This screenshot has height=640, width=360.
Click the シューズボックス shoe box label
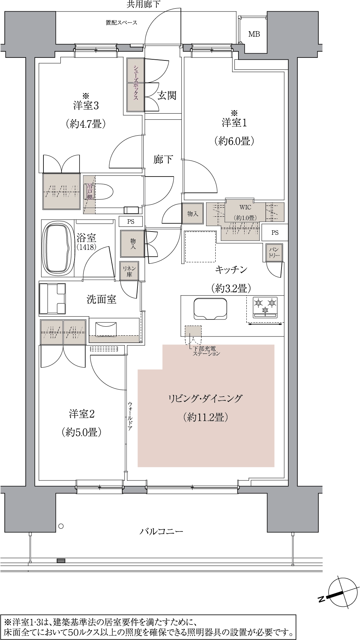coord(136,85)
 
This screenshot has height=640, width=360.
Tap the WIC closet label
coord(245,208)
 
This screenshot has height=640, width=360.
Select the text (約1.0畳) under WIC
coord(245,218)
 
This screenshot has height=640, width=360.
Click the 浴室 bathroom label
coord(86,238)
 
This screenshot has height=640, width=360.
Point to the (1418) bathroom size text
coord(86,247)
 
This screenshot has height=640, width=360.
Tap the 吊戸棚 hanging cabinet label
coord(89,192)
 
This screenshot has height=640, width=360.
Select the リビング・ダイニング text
coord(205,399)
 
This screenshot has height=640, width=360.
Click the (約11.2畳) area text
coord(205,418)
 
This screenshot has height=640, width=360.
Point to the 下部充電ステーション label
coord(206,351)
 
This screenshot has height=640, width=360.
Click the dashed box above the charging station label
coord(194,331)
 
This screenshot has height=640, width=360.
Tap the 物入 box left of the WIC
coord(192,214)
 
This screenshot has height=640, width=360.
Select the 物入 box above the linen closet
coord(132,243)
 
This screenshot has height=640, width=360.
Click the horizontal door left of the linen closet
coord(98,279)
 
